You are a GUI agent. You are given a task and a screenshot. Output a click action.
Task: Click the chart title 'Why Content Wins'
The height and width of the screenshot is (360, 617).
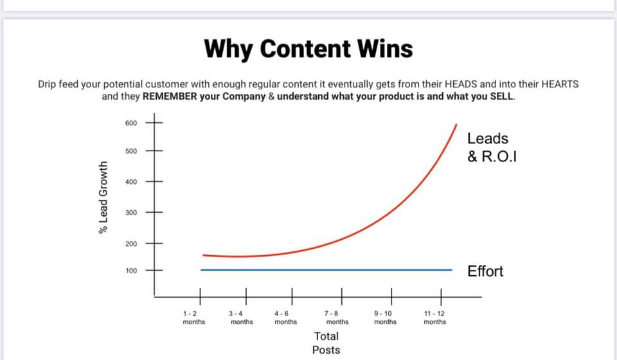[308, 50]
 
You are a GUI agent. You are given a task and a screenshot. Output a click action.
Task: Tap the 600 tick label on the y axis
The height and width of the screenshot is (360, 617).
[131, 123]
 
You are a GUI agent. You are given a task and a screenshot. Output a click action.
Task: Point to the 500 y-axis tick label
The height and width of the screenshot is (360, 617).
[131, 151]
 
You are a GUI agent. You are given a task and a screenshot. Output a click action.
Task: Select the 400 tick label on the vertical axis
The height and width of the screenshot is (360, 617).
[131, 182]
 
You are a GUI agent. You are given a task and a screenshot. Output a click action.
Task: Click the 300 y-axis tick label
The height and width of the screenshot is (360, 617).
[131, 212]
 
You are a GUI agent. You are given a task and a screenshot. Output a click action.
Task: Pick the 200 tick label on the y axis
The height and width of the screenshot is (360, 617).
[131, 244]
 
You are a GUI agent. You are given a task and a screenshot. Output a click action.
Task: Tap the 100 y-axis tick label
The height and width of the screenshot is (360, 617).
[131, 271]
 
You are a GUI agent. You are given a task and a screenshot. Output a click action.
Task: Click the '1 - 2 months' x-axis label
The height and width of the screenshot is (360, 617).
[194, 318]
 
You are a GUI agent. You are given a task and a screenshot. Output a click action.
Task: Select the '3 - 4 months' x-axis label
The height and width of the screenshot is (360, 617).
[241, 318]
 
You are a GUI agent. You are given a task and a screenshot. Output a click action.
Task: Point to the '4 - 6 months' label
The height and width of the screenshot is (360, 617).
[285, 318]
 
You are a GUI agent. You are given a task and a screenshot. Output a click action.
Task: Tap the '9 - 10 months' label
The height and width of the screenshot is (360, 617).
[385, 318]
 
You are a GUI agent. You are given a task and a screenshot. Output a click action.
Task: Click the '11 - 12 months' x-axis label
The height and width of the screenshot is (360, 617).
[435, 318]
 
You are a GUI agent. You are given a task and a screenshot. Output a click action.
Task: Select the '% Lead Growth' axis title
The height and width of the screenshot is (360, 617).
[103, 197]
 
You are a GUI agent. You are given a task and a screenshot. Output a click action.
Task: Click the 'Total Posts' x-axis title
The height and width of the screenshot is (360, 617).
[326, 343]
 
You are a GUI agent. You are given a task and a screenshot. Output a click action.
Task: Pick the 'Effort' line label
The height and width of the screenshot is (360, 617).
[485, 271]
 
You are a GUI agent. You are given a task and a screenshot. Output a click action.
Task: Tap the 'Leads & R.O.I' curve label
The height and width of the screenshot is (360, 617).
[492, 148]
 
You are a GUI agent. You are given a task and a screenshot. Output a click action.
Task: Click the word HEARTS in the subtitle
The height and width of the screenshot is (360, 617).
[560, 84]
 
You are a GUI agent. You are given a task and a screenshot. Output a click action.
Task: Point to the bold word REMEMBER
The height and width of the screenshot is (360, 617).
[170, 96]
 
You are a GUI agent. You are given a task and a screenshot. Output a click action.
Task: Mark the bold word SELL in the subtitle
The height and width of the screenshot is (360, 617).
[502, 96]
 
